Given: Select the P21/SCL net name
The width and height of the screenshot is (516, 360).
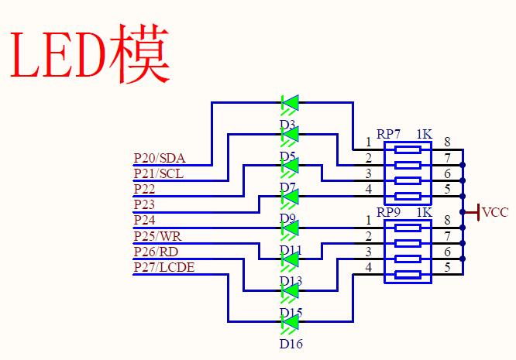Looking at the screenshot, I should (x=158, y=173).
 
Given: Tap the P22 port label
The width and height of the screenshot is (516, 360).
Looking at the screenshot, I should (x=144, y=189).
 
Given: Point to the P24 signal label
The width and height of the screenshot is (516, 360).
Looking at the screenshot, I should (x=144, y=221).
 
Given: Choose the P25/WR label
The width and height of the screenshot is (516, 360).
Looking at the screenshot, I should (x=157, y=236).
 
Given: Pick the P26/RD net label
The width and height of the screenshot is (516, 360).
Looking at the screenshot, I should (x=156, y=252).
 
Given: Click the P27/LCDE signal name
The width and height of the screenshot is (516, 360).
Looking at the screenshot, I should (x=164, y=268).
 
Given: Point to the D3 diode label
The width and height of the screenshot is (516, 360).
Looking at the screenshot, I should (x=287, y=125).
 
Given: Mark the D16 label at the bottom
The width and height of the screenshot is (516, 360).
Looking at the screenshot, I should (x=291, y=343).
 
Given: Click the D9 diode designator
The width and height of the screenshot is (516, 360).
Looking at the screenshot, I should (x=287, y=219).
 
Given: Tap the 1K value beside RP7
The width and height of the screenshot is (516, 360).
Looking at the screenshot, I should (x=424, y=134).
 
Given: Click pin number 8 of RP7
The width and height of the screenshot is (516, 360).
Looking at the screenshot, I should (x=447, y=142).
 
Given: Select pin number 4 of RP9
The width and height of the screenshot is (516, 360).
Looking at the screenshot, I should (x=369, y=268).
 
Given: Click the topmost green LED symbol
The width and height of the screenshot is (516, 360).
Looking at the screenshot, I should (x=291, y=102).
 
